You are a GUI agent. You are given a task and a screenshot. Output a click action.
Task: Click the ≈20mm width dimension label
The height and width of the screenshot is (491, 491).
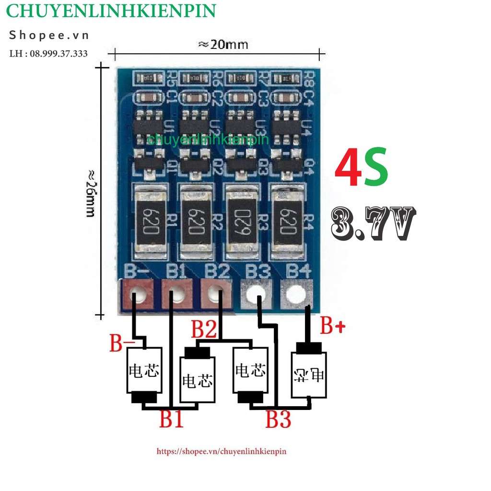click(223, 45)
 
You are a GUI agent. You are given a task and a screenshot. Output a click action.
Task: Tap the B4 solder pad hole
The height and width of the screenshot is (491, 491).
click(296, 292)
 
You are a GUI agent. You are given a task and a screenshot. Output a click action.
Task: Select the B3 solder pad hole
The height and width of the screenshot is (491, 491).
click(257, 292)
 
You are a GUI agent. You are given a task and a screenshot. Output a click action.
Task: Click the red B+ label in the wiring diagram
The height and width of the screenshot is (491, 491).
click(333, 327)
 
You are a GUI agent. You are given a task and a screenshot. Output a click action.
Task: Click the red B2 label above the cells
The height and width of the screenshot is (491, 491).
click(204, 330)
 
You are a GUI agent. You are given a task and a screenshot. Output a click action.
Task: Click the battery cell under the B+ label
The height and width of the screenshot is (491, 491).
click(309, 374)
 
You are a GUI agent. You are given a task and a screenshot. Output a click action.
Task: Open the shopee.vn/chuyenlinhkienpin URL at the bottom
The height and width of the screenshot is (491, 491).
click(222, 451)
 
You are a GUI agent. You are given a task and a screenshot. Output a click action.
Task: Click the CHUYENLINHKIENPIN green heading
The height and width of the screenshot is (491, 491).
click(111, 11)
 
